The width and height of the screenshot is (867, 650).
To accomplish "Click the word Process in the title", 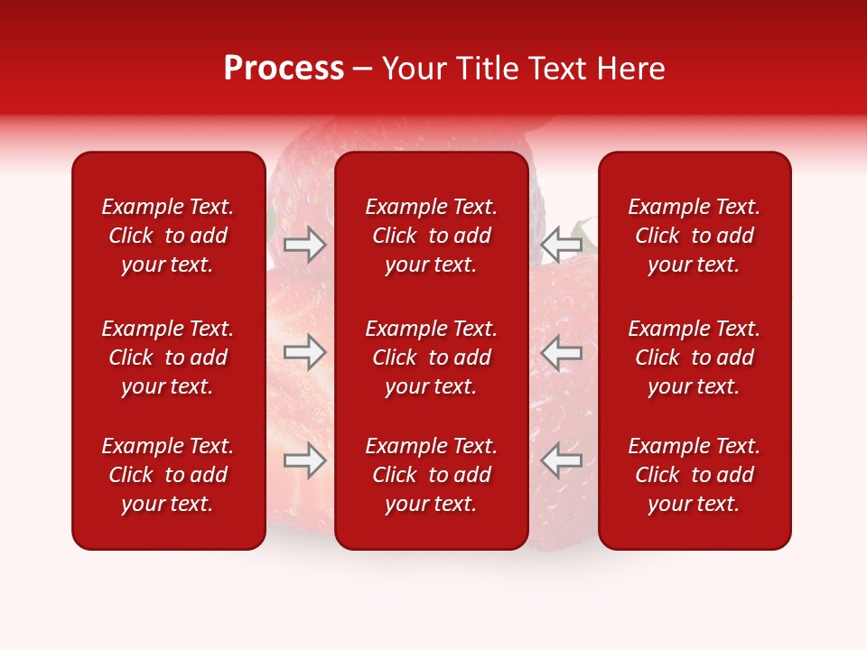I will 284,69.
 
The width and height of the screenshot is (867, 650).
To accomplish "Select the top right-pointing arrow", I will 305,245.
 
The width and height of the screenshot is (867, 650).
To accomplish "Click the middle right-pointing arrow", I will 305,352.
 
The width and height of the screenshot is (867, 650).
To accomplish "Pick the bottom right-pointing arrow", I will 305,460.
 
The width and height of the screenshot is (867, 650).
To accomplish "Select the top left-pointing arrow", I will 561,245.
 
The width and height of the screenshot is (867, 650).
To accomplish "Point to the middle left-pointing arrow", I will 561,352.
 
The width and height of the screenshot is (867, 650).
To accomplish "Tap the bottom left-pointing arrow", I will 561,460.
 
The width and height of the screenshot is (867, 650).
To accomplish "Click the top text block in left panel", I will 168,236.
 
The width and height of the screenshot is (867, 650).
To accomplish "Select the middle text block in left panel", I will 168,357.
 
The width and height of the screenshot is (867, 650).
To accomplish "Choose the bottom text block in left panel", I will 168,475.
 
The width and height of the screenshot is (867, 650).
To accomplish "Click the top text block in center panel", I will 431,236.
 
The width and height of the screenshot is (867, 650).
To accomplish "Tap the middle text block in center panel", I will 431,357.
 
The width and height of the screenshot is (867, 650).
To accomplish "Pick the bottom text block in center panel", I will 431,475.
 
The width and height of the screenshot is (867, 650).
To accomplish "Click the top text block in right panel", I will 694,236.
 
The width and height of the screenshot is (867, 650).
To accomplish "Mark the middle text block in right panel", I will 694,357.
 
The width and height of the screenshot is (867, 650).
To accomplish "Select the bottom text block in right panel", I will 694,475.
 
